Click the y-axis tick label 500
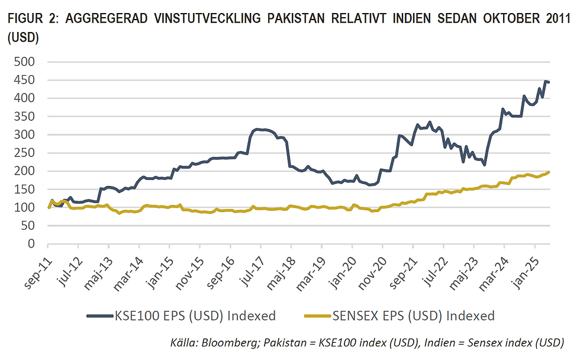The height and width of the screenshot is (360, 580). pyautogui.click(x=25, y=62)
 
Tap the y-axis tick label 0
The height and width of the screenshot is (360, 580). pyautogui.click(x=32, y=244)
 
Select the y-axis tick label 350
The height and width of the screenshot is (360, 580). pyautogui.click(x=25, y=116)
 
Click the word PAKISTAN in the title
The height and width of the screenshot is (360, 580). pyautogui.click(x=303, y=18)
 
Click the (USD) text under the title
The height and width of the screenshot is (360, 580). pyautogui.click(x=23, y=37)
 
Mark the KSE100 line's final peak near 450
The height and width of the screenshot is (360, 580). pyautogui.click(x=545, y=82)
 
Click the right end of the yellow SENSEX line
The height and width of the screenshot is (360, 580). pyautogui.click(x=549, y=172)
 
